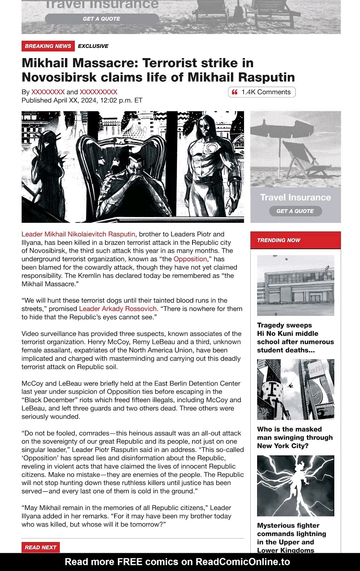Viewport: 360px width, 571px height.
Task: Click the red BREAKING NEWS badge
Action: point(48,46)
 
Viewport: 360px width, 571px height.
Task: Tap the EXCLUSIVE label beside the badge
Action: point(93,46)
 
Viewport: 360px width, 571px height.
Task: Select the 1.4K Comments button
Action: point(262,92)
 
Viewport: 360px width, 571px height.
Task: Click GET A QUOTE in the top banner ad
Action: point(102,19)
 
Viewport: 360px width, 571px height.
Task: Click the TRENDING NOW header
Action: point(279,240)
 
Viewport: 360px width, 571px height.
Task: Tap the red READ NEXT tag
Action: point(40,547)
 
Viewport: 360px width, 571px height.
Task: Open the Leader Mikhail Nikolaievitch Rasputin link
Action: point(78,234)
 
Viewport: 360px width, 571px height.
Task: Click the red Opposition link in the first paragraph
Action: point(190,259)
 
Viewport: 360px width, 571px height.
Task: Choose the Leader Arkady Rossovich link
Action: point(118,309)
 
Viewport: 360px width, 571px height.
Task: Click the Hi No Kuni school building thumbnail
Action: point(295,285)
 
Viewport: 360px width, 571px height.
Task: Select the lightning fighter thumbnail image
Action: point(295,486)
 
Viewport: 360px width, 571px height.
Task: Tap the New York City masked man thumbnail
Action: point(295,389)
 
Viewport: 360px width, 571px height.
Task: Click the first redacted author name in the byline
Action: point(48,92)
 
